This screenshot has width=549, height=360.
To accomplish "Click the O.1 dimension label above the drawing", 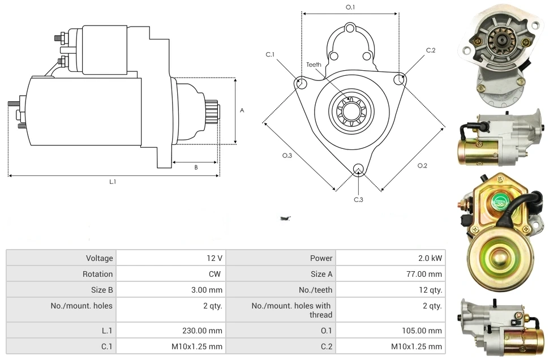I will coord(350,7).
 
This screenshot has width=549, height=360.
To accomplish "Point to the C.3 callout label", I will coord(358,199).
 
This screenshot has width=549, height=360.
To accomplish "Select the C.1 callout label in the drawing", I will coord(270,54).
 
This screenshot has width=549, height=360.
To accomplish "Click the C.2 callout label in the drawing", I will coord(431,50).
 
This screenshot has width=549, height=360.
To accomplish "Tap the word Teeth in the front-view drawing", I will coord(314,65).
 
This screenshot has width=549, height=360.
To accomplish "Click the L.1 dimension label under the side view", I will coord(113,182).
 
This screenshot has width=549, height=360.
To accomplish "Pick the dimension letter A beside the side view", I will coord(242,110).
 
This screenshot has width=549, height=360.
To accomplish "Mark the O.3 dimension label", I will coord(286,156).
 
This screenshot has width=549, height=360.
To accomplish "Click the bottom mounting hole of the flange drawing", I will coord(358,169).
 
